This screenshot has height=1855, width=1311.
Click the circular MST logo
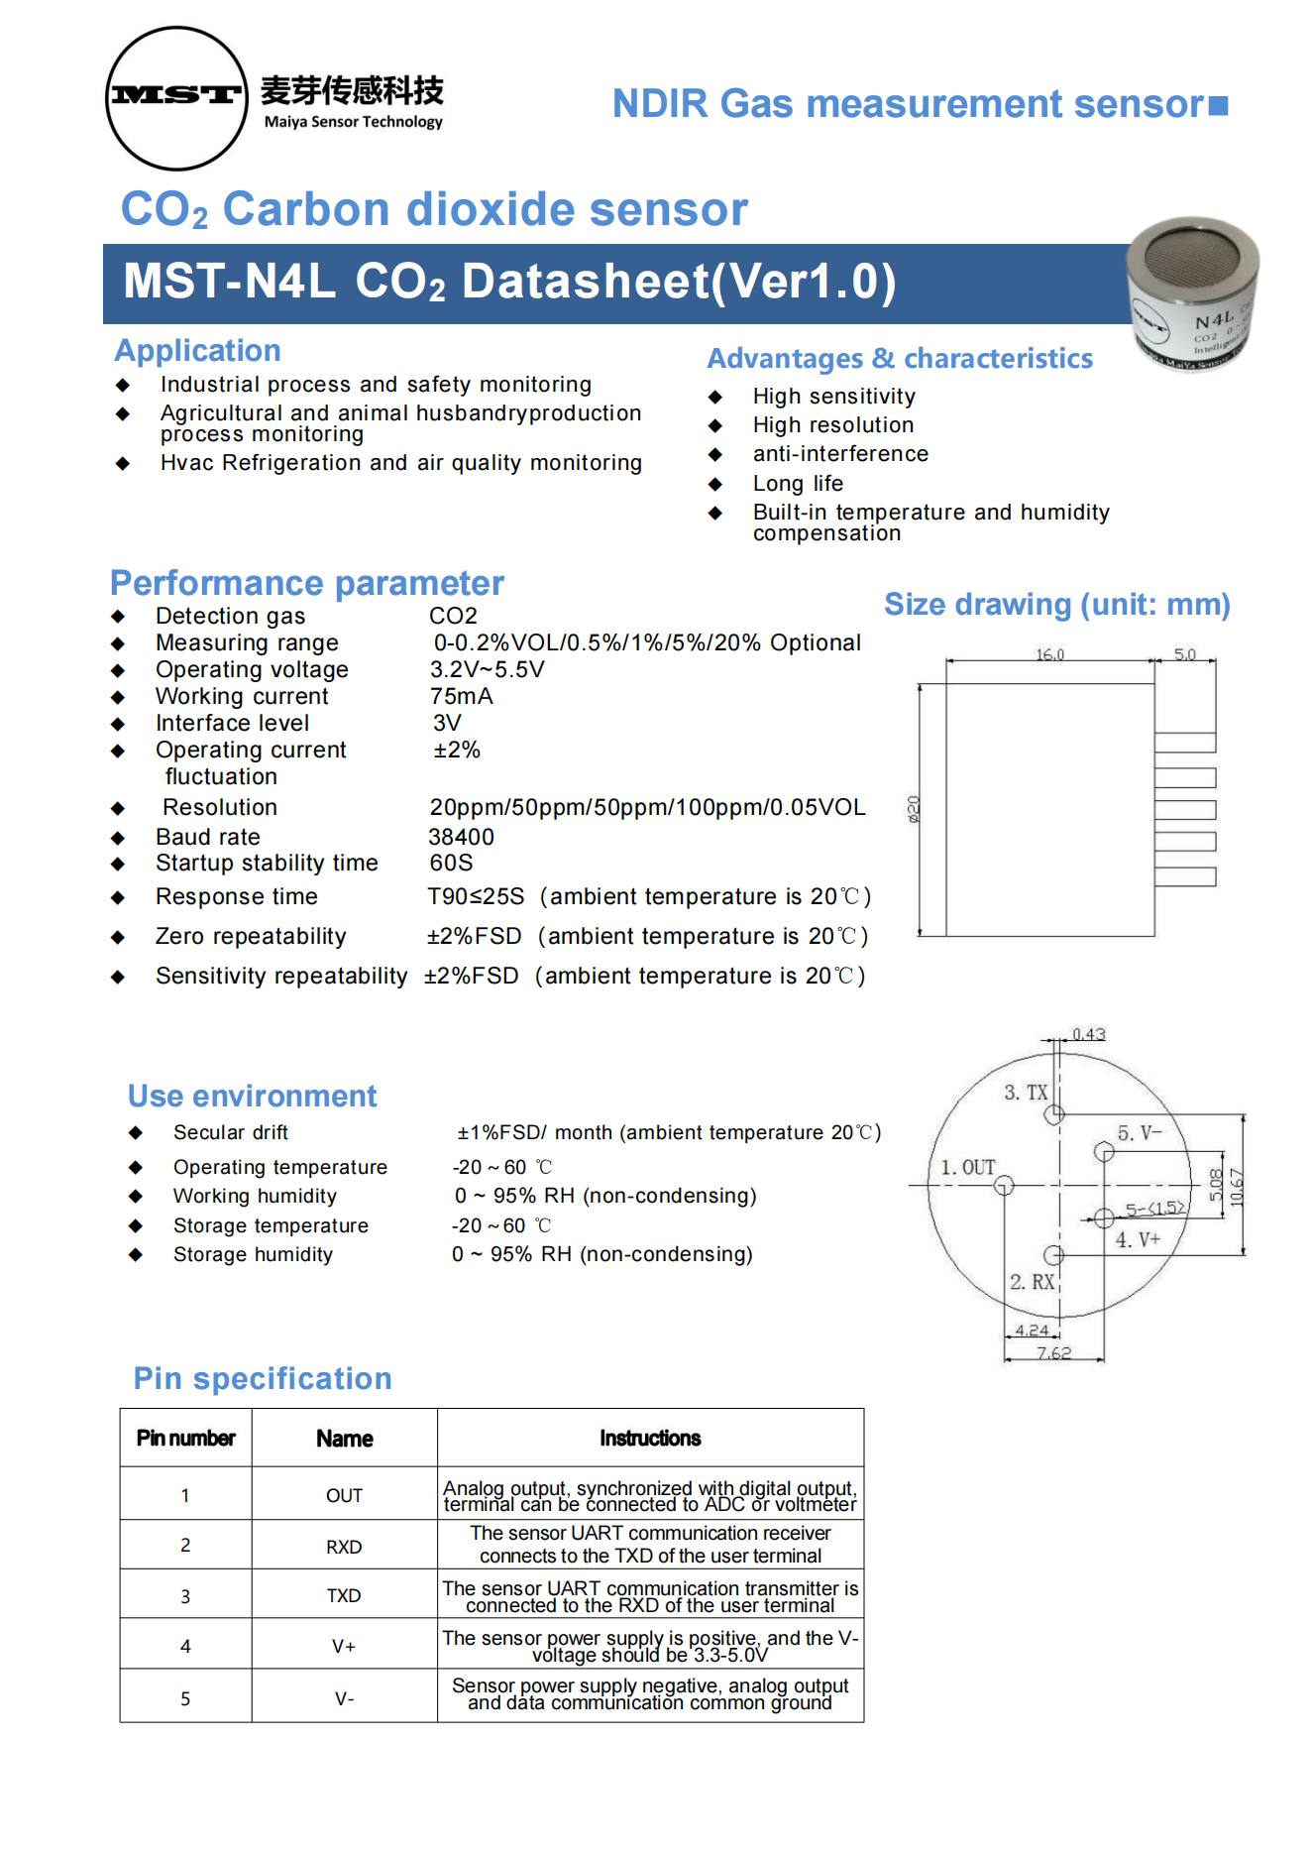(176, 97)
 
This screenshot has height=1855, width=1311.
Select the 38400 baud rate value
(461, 837)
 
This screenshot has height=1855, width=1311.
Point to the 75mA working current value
(461, 696)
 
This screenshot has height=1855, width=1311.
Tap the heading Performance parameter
(307, 583)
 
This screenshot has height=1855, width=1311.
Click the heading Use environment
(253, 1096)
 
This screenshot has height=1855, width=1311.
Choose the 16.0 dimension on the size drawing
(1049, 654)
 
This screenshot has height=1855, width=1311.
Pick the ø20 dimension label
(914, 809)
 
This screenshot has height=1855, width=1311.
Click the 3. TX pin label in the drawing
(1026, 1093)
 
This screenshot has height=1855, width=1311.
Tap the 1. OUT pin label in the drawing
(968, 1167)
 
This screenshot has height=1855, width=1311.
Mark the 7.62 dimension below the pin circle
(1053, 1353)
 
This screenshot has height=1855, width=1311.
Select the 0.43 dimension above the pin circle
(1088, 1034)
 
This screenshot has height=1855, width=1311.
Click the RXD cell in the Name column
(344, 1547)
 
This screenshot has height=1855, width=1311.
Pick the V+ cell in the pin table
(344, 1646)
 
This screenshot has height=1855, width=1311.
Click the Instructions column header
(650, 1438)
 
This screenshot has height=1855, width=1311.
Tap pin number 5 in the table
(185, 1698)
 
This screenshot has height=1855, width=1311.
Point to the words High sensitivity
(833, 397)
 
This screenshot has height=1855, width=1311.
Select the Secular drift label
(230, 1132)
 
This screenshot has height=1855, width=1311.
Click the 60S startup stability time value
(451, 863)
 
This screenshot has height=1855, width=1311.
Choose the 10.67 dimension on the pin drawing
(1236, 1187)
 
